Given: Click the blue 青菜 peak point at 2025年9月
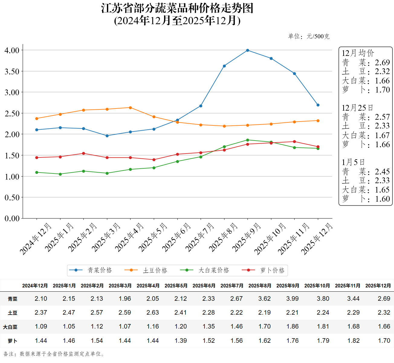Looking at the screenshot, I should coord(247,50).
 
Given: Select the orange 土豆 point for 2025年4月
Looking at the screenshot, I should coord(130,108).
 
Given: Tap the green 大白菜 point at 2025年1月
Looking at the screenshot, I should coord(60,174).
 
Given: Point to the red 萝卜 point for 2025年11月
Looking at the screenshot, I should coord(294,142).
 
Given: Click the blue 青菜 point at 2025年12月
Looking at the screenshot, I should coord(318,105).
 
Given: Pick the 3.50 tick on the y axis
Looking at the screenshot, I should coord(12,72).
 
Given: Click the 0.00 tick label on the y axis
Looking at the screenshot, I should coord(12,219).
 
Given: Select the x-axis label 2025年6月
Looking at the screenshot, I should coord(177,237).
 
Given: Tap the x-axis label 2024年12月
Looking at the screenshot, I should coord(36,239).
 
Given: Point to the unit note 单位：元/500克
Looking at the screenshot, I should coord(308,37).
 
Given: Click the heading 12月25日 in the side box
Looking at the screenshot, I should coord(357,108).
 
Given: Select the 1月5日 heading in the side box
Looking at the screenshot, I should coord(353,162).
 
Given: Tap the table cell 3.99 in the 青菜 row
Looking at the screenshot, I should coord(292,299).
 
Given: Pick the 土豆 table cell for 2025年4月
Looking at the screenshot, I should coord(153,313).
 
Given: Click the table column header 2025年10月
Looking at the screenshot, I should coord(317,286).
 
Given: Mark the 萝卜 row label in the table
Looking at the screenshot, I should coord(12,341).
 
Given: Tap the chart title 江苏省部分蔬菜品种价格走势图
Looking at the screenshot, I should coord(177,8).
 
